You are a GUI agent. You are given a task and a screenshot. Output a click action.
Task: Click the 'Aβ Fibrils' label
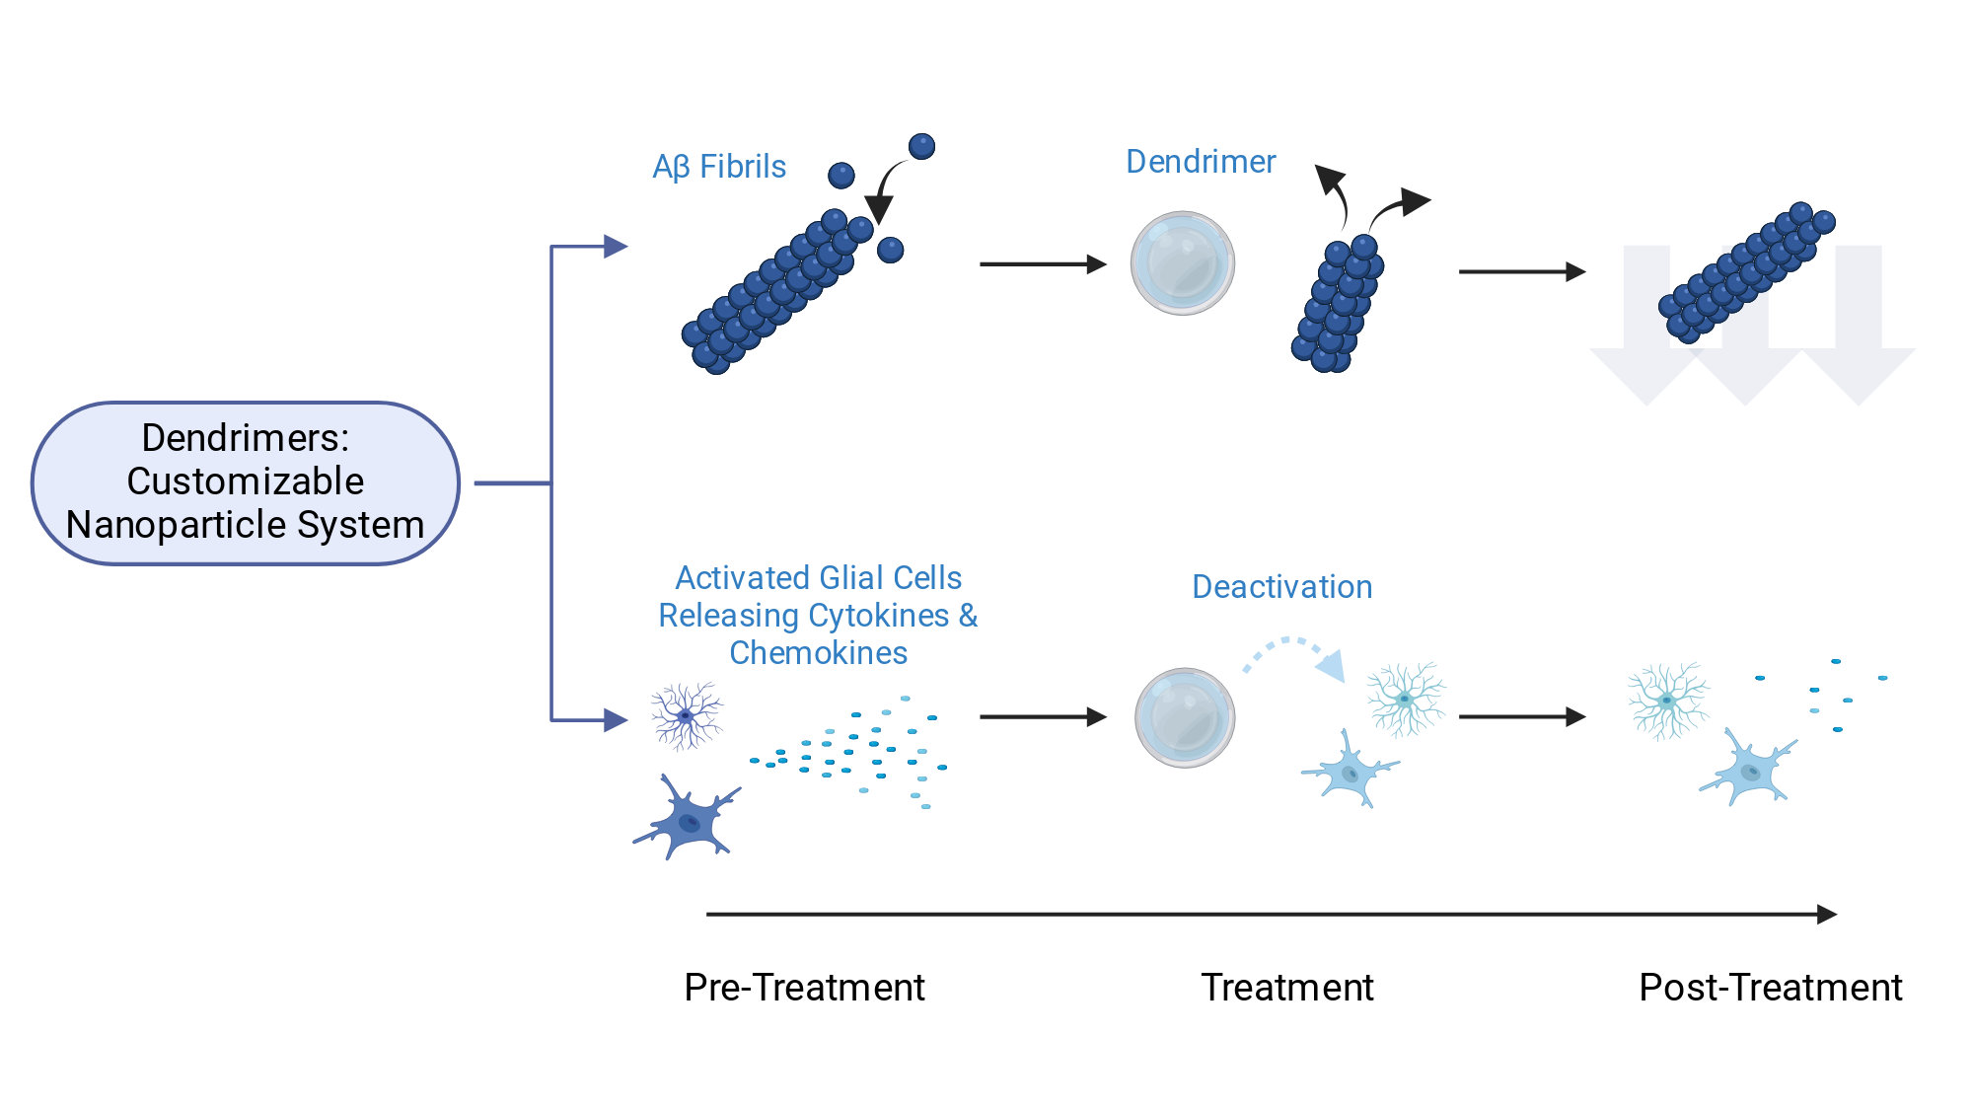pos(719,167)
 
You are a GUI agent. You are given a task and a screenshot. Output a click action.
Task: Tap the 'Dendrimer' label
pos(1201,162)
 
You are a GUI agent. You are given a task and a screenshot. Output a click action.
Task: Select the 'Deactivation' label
pos(1281,587)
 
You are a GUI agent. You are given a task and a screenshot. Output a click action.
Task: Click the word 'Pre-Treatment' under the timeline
pos(804,987)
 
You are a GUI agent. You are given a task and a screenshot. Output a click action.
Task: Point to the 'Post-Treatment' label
pos(1771,987)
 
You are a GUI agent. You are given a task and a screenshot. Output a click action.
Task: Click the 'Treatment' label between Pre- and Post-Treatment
pos(1287,987)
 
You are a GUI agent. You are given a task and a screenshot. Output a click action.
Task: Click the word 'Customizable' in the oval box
pos(246,481)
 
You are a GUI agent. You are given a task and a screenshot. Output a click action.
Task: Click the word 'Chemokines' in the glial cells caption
pos(818,653)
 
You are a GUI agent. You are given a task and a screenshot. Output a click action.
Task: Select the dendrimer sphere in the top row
pos(1182,263)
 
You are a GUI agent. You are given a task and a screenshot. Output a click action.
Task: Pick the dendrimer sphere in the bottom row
pos(1184,717)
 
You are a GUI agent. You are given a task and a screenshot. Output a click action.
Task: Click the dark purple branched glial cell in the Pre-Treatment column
pos(686,715)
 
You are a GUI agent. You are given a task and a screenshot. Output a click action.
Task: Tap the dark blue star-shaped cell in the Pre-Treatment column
pos(687,818)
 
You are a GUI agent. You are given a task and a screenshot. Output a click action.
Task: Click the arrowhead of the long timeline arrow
pos(1827,915)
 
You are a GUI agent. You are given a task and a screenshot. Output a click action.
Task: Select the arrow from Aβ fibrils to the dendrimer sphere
pos(1043,264)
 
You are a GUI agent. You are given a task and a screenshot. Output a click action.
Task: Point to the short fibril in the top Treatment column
pos(1338,304)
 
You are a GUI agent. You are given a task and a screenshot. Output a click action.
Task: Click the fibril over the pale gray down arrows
pos(1746,272)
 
